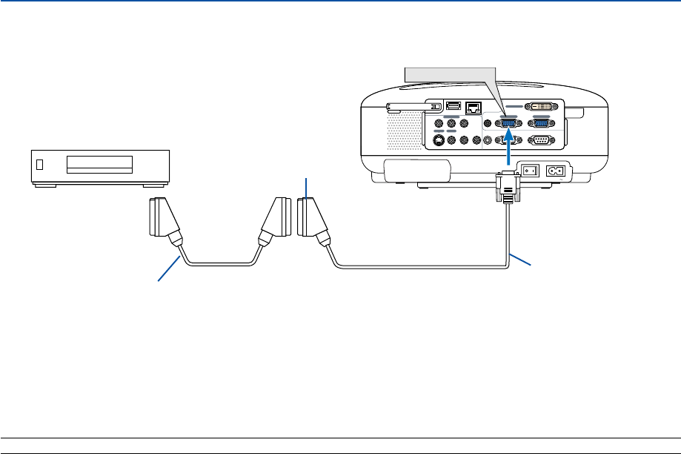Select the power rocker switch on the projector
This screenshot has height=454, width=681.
coord(530,171)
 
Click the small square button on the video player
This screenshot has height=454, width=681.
coord(41,164)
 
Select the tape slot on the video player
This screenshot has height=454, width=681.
coord(99,164)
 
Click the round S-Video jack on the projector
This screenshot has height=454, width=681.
coord(438,139)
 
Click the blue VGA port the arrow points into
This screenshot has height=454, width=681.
coord(508,124)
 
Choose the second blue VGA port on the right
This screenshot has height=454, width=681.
coord(541,124)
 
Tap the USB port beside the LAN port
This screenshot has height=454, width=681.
coord(454,106)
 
